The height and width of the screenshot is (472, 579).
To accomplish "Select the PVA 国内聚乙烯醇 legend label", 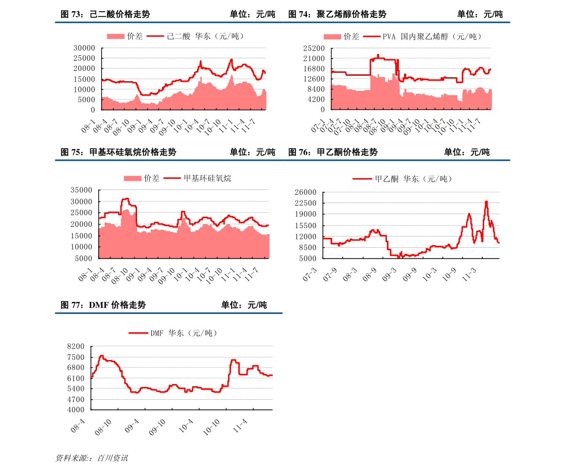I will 432,36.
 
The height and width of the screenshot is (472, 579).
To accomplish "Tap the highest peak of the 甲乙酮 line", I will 486,202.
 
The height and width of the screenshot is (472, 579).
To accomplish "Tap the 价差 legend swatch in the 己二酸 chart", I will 116,36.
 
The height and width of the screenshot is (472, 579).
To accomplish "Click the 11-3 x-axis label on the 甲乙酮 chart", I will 469,275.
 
